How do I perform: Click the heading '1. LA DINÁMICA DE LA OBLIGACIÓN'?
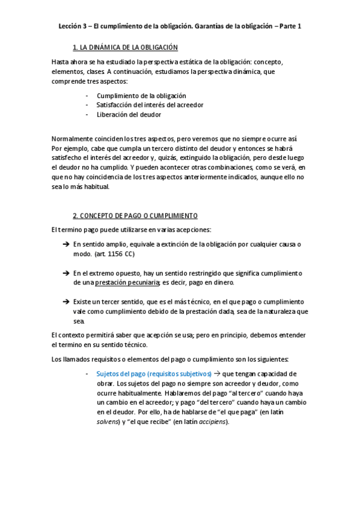tap(124, 47)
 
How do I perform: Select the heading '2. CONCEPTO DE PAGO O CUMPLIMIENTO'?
tap(135, 215)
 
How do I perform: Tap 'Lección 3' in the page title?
tap(73, 26)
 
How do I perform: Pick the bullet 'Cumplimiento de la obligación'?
tap(141, 96)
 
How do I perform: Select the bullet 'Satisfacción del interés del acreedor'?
tap(150, 105)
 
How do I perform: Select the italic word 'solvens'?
tap(108, 422)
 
